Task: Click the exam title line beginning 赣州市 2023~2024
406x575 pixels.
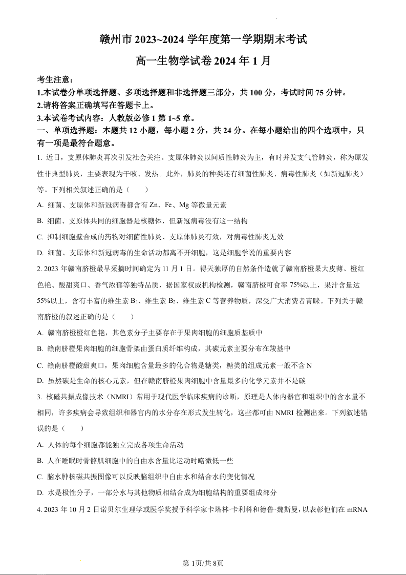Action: click(x=203, y=38)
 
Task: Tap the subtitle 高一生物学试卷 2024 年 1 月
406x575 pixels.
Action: click(x=203, y=60)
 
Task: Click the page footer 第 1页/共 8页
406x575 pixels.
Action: click(x=203, y=563)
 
